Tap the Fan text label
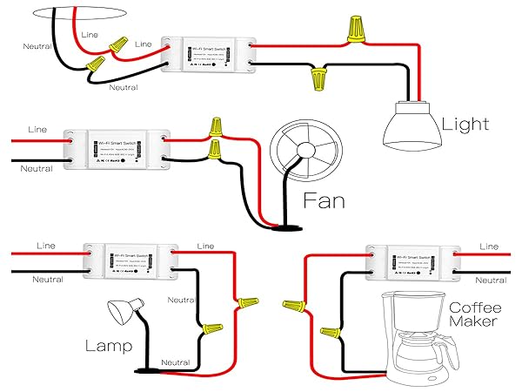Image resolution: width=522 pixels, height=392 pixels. (323, 201)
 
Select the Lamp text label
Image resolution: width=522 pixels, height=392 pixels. (109, 347)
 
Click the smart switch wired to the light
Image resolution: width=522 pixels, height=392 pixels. (211, 55)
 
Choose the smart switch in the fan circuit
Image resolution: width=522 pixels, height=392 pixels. (116, 148)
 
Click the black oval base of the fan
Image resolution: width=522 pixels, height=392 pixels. (284, 228)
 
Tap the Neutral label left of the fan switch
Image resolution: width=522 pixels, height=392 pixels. (37, 167)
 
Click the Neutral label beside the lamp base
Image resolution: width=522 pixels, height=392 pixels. (176, 362)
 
